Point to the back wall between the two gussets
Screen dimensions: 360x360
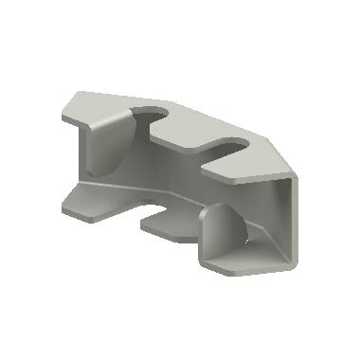(171, 180)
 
